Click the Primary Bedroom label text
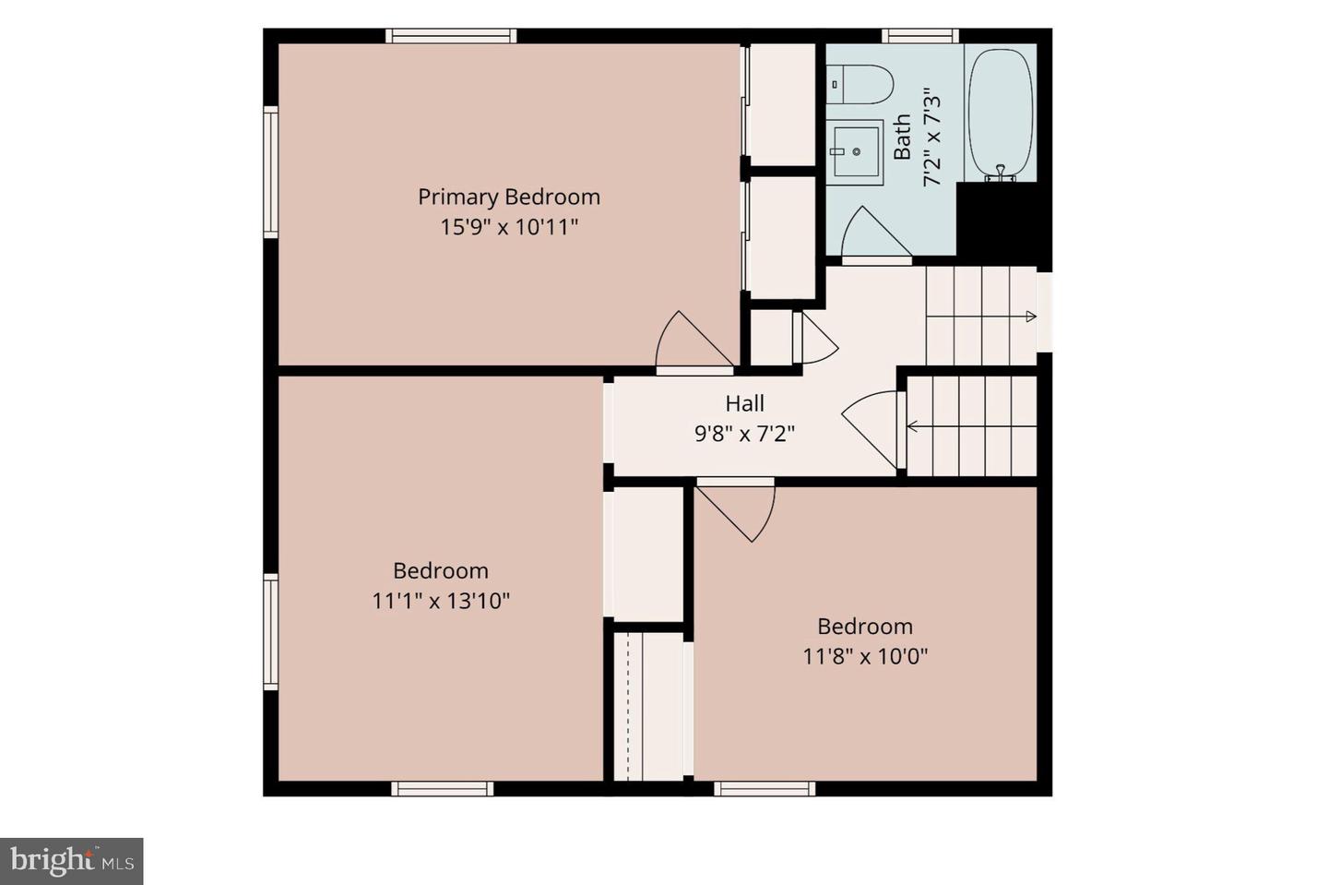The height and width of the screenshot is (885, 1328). (x=509, y=197)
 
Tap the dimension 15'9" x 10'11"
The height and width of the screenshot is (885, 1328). (x=509, y=227)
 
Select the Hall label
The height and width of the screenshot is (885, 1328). (x=744, y=403)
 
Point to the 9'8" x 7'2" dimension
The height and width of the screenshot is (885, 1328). (x=744, y=434)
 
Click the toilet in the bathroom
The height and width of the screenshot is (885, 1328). (x=860, y=84)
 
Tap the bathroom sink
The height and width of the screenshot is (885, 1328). (x=855, y=152)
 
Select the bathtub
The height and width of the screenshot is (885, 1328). (x=1000, y=114)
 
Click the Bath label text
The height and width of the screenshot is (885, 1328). (x=902, y=137)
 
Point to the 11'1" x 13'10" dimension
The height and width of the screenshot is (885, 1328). (x=441, y=601)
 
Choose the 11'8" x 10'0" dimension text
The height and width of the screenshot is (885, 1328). (x=865, y=657)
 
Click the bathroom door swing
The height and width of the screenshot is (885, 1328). (x=876, y=233)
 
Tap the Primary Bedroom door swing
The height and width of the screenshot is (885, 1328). (x=694, y=341)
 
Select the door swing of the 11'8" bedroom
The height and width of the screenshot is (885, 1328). (x=736, y=511)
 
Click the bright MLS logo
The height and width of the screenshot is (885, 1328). (x=72, y=861)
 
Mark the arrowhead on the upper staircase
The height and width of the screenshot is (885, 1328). (x=1031, y=317)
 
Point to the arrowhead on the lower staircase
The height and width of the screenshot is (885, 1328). (x=912, y=426)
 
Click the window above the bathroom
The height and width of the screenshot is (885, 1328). (x=920, y=36)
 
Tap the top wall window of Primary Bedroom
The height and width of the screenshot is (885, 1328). (x=451, y=36)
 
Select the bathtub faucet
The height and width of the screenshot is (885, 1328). (x=1000, y=173)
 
